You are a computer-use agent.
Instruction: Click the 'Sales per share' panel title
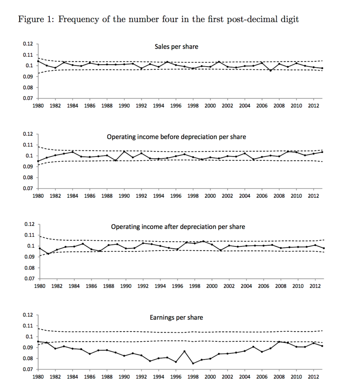(x=176, y=46)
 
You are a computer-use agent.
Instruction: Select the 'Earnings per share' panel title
(x=176, y=317)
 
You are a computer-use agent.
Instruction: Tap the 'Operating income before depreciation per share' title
(x=176, y=137)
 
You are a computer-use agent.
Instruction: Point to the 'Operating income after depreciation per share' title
(x=178, y=227)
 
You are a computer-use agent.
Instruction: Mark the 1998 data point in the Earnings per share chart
(x=193, y=363)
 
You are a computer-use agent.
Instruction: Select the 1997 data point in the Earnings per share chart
(x=185, y=351)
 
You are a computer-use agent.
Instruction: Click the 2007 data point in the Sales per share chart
(x=270, y=71)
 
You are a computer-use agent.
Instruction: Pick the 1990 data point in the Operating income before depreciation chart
(x=124, y=152)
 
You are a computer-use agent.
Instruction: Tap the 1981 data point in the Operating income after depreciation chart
(x=48, y=254)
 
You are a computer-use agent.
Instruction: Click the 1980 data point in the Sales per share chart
(x=38, y=61)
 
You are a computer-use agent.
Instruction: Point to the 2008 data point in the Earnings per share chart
(x=279, y=342)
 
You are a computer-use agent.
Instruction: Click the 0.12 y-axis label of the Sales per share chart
(x=28, y=44)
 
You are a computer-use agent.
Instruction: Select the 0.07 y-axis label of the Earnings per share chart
(x=28, y=370)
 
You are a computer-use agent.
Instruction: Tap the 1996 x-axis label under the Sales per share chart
(x=175, y=106)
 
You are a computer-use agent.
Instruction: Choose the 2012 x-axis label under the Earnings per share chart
(x=313, y=377)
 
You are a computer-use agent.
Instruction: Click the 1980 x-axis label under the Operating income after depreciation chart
(x=39, y=286)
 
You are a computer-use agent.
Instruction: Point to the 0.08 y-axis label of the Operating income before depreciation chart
(x=28, y=178)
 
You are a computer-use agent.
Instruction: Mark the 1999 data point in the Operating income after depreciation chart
(x=203, y=241)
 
